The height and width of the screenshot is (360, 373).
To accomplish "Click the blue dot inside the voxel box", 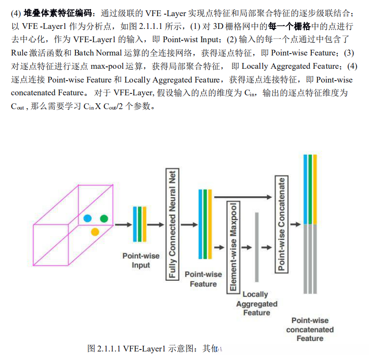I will (x=87, y=219).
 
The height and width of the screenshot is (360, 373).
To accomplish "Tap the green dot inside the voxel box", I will (x=104, y=219).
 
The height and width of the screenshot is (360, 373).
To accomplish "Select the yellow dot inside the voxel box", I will (x=95, y=231).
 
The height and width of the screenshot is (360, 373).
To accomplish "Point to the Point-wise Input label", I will (x=141, y=260).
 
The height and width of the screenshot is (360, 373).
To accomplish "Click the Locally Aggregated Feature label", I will (x=256, y=304).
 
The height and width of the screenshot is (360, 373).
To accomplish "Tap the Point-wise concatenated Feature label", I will (x=310, y=330).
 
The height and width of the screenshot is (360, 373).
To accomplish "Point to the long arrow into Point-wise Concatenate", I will (x=242, y=196).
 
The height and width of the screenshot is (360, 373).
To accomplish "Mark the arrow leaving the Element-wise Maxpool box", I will (x=246, y=247).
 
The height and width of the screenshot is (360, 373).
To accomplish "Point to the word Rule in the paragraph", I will (x=20, y=53).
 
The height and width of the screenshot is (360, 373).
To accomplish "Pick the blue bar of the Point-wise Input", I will (x=135, y=224).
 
